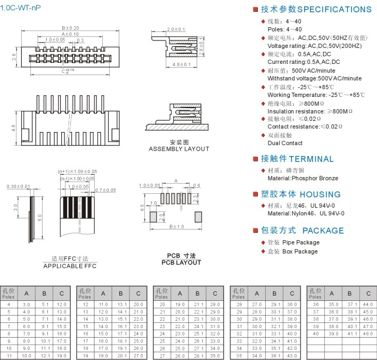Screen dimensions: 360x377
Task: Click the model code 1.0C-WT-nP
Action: [20, 7]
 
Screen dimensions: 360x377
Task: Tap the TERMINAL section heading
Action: [311, 159]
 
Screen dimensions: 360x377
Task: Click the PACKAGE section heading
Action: [323, 231]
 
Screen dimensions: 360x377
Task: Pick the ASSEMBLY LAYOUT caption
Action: [179, 149]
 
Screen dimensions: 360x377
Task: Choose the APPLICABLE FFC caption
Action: [70, 266]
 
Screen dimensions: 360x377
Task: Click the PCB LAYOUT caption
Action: [181, 263]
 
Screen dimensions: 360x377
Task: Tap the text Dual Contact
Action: [285, 143]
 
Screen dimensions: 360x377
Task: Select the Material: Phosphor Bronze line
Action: [302, 178]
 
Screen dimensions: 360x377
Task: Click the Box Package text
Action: [300, 251]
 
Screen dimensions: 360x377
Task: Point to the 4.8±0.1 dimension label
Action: [182, 64]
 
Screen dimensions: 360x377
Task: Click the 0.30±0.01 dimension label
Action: [19, 186]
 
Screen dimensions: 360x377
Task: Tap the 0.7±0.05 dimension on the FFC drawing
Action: [105, 190]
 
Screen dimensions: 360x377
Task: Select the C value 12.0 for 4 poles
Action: [62, 304]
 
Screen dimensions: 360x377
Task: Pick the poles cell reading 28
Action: [239, 304]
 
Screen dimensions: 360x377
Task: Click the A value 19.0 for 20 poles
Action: [179, 304]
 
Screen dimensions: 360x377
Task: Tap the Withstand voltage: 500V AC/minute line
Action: [314, 78]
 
